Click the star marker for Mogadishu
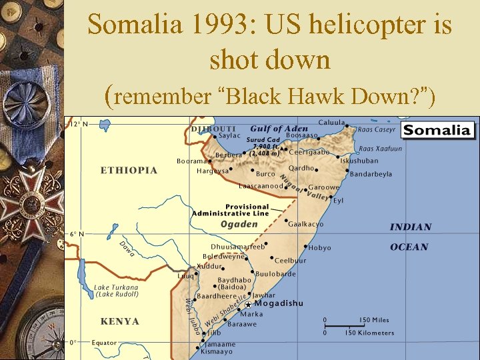coord(248,304)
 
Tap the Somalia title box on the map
coord(437,129)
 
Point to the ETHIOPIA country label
coord(129,170)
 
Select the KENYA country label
coord(120,321)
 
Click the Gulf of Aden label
coord(279,128)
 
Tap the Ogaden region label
coord(239,225)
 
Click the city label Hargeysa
coord(213,171)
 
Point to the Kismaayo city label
coord(217,351)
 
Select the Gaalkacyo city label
coord(306,224)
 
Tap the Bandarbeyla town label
coord(371,174)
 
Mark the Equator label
coord(103,343)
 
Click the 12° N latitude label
coord(79,124)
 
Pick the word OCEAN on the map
coord(409,247)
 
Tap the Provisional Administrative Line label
coord(230,210)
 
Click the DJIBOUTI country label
coord(213,128)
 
